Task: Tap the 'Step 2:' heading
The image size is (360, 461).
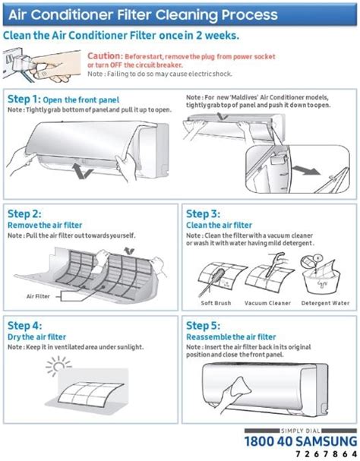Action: [24, 215]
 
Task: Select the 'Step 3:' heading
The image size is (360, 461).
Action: [203, 215]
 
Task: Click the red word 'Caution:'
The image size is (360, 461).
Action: [104, 56]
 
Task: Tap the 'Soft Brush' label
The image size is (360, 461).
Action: [216, 303]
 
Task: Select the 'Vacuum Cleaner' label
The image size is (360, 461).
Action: [267, 303]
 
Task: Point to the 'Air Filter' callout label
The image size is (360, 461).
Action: [39, 296]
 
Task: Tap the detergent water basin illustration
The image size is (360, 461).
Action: [322, 278]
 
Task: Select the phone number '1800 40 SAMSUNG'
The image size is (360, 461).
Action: [300, 440]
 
